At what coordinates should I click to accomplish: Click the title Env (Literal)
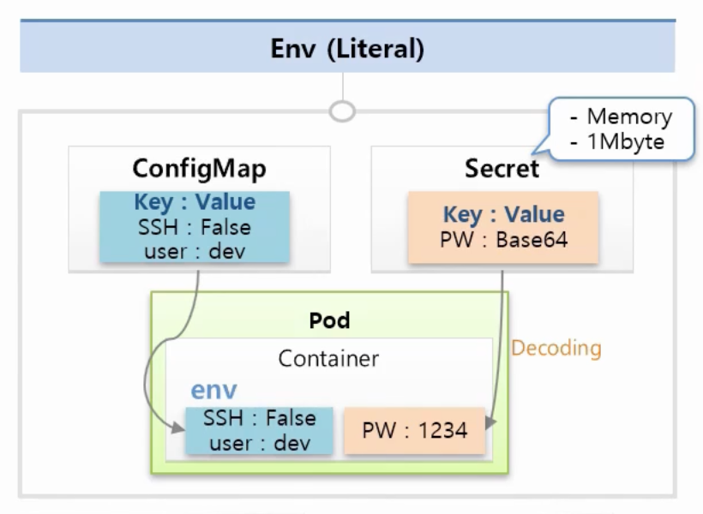point(347,48)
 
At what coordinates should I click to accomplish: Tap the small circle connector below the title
point(343,111)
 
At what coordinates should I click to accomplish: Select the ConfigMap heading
point(199,168)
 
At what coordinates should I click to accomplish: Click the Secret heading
point(502,168)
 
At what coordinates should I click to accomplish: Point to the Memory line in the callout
point(622,117)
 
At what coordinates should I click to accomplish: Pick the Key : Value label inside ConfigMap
point(195,202)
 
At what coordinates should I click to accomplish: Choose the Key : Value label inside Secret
point(503,214)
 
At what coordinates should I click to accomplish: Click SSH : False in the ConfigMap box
point(195,227)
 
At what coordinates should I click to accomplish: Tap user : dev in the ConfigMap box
point(195,251)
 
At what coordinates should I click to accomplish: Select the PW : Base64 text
point(503,240)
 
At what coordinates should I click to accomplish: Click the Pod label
point(330,320)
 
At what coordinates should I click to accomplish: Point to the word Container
point(328,358)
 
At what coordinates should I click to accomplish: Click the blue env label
point(213,390)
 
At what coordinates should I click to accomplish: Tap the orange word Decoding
point(556,348)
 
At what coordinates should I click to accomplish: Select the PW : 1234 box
point(415,430)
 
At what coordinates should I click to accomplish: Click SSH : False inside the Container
point(259,418)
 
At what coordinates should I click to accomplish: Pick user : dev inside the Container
point(259,443)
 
